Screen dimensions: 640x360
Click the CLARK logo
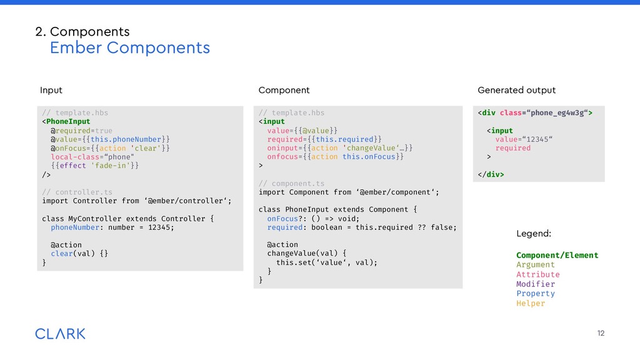(x=60, y=333)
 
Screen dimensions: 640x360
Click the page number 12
(x=601, y=333)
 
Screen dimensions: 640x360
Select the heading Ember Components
(x=129, y=47)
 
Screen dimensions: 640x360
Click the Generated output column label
(x=516, y=90)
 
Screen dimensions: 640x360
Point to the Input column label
(x=51, y=90)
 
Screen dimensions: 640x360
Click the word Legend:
(x=534, y=233)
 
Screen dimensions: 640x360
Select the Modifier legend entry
(x=536, y=284)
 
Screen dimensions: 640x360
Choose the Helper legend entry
(x=531, y=303)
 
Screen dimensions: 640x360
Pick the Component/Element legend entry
(x=557, y=255)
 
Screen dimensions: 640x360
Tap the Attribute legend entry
(x=538, y=274)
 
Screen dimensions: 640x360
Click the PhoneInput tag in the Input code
(x=68, y=121)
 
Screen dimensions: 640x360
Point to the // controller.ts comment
(x=77, y=192)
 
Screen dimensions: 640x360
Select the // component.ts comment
(x=292, y=183)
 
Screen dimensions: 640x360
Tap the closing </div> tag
(x=491, y=174)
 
